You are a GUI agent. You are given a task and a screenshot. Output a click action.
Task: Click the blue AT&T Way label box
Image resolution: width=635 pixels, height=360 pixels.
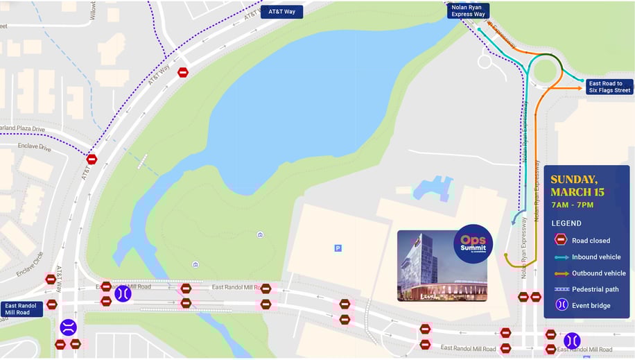pyautogui.click(x=281, y=12)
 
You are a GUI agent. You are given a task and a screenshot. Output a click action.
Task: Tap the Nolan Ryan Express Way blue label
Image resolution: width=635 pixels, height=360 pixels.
pyautogui.click(x=468, y=10)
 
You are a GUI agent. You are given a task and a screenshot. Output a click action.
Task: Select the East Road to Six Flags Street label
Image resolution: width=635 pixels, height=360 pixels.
pyautogui.click(x=609, y=87)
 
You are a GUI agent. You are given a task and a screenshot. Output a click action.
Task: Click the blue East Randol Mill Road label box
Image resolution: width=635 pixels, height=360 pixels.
pyautogui.click(x=21, y=309)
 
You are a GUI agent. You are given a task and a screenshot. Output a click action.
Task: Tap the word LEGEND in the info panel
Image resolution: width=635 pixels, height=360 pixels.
pyautogui.click(x=566, y=223)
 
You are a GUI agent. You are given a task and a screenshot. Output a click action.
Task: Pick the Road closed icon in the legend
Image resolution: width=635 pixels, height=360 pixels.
pyautogui.click(x=561, y=240)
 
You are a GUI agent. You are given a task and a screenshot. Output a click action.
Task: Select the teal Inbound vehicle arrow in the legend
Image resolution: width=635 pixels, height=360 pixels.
pyautogui.click(x=561, y=257)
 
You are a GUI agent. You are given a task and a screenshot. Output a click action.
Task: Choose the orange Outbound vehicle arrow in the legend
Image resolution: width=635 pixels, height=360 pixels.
pyautogui.click(x=561, y=273)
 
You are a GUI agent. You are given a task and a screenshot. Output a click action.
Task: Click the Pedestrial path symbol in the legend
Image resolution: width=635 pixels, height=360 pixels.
pyautogui.click(x=561, y=289)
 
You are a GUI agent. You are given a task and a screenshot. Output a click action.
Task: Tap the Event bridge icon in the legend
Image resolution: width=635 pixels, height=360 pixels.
pyautogui.click(x=561, y=305)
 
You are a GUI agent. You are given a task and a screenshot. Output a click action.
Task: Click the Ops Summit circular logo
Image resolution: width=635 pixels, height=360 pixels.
pyautogui.click(x=473, y=244)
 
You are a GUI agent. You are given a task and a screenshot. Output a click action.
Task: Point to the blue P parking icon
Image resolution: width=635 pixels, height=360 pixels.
pyautogui.click(x=338, y=248)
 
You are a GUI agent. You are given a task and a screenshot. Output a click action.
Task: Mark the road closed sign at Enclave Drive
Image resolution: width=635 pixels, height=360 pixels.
pyautogui.click(x=92, y=159)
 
